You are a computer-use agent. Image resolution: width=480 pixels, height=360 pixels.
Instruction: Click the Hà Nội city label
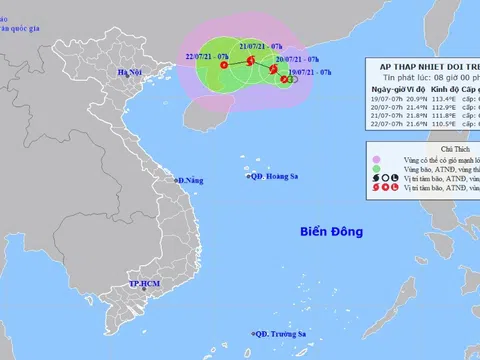(x=130, y=72)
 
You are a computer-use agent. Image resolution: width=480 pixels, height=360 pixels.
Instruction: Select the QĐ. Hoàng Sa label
(x=274, y=178)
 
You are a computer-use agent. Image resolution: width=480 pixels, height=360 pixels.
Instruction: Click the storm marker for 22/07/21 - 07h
(x=223, y=66)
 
